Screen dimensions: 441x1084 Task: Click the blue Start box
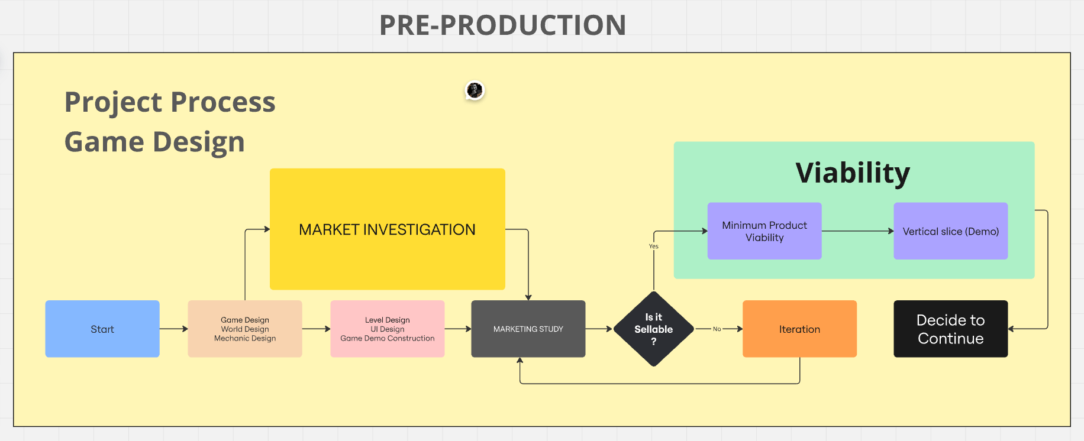(x=102, y=329)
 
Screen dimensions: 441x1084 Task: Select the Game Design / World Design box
(x=245, y=329)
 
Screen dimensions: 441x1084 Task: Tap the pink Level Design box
(x=388, y=329)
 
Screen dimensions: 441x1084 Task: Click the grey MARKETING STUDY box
(x=528, y=329)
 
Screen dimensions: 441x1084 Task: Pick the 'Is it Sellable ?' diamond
(x=654, y=329)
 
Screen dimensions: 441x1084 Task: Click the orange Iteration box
(x=799, y=329)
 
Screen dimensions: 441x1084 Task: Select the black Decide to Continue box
(x=950, y=329)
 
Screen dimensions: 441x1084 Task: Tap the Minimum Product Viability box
(x=764, y=231)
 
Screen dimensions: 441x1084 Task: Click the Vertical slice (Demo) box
(x=950, y=231)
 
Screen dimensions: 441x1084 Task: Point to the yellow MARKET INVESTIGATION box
(x=388, y=229)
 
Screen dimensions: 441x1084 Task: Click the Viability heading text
(x=853, y=173)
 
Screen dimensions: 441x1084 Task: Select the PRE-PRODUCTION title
(x=502, y=25)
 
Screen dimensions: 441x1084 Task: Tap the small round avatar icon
(x=475, y=90)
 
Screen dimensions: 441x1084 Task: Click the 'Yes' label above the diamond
(x=654, y=247)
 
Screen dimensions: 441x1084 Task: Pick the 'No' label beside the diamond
(x=717, y=329)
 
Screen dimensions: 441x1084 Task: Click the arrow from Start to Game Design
(x=173, y=329)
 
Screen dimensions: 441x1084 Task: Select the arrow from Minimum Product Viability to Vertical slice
(x=857, y=231)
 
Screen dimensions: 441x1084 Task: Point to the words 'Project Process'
(x=170, y=102)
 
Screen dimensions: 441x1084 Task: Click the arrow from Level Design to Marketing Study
(x=457, y=329)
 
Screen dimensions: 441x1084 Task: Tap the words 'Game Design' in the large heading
(x=154, y=142)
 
